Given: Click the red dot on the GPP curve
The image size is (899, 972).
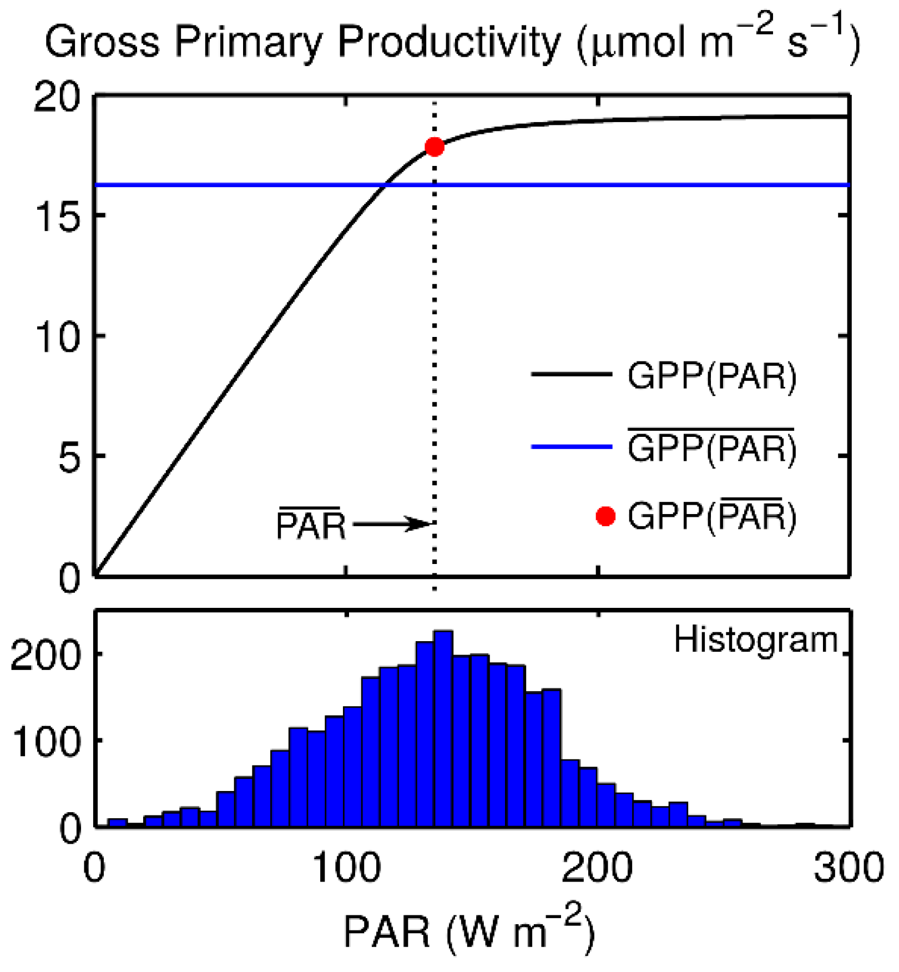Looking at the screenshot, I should tap(435, 147).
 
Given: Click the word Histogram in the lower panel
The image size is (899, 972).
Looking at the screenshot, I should tap(755, 640).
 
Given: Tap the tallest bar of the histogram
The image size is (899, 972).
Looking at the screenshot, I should tap(443, 727).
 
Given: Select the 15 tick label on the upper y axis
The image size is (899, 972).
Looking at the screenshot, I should tap(57, 216).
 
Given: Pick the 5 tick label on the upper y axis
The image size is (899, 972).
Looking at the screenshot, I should tap(69, 457).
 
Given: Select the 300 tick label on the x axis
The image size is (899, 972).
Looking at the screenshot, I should tap(849, 867).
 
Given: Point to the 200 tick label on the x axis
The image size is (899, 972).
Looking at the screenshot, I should tap(597, 867).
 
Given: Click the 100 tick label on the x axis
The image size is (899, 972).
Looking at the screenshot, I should tap(347, 867).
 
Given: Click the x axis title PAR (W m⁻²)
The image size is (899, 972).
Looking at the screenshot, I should tap(469, 930).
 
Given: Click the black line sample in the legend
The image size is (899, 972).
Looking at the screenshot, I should tap(572, 374).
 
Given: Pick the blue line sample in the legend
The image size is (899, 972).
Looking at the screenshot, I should tap(572, 446).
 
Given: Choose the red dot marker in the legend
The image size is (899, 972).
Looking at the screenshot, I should tap(605, 516).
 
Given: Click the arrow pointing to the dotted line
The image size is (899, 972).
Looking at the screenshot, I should tap(391, 523).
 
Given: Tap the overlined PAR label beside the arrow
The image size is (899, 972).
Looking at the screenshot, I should tap(311, 525).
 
